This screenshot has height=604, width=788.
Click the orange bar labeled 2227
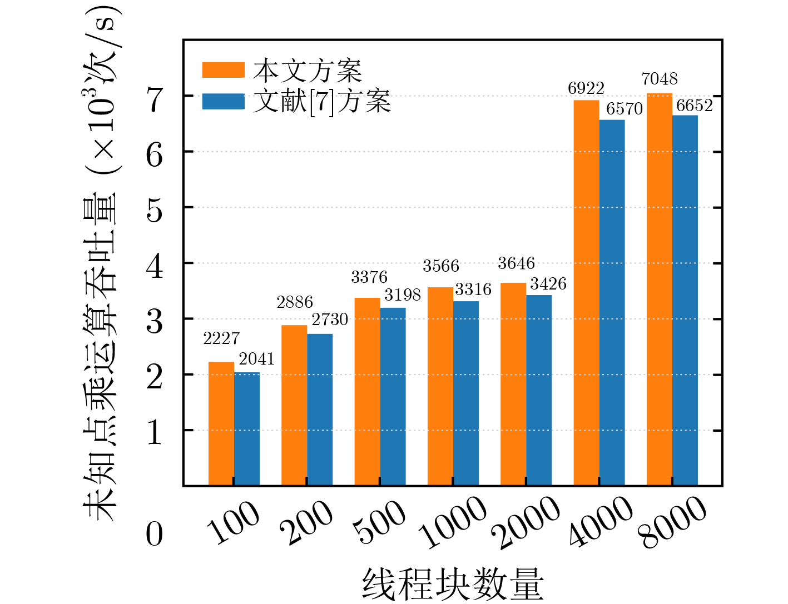tap(221, 424)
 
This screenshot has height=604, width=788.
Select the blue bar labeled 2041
tap(246, 429)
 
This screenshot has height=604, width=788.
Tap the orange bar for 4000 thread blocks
tap(586, 293)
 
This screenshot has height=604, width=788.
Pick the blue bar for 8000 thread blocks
tap(685, 301)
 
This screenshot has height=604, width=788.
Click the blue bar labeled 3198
tap(393, 397)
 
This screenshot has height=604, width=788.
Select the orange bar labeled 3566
tap(440, 387)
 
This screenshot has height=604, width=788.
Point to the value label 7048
tap(659, 79)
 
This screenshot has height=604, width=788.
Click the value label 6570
tap(624, 109)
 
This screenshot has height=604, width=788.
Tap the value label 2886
tap(294, 302)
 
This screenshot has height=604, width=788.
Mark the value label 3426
tap(548, 284)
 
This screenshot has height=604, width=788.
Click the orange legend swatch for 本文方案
tap(223, 70)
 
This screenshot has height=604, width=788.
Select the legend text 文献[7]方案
tap(322, 102)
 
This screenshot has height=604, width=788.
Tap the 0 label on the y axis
tap(154, 535)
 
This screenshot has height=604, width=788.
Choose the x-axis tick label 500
tap(381, 522)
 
